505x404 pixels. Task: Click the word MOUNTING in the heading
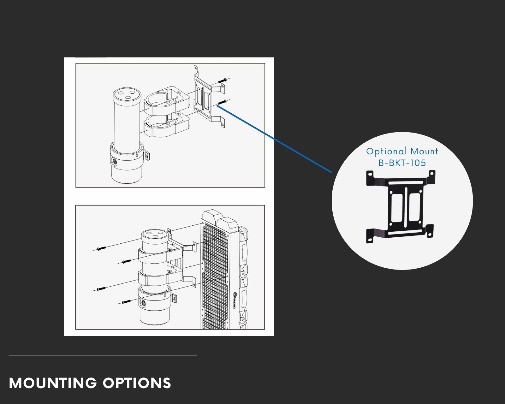point(53,383)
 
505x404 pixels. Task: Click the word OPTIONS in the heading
point(137,383)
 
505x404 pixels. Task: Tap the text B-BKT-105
point(402,163)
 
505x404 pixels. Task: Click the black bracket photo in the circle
point(401,207)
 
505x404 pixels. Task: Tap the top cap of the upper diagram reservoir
point(126,94)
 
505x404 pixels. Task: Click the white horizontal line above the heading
point(103,356)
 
